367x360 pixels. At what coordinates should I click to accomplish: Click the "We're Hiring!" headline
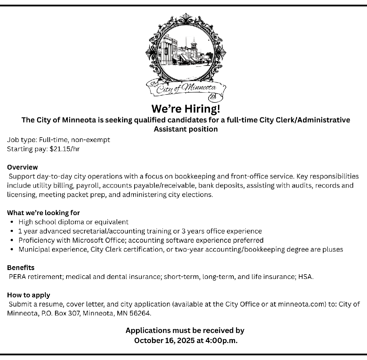click(186, 109)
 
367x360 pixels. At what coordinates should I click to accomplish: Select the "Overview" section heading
click(23, 167)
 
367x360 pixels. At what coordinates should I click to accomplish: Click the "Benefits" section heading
click(21, 268)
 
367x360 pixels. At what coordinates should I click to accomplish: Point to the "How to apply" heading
click(29, 295)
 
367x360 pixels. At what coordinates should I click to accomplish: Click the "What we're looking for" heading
click(43, 213)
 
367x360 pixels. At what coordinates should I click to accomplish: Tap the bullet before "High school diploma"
click(12, 222)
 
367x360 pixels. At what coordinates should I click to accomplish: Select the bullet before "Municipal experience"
click(12, 250)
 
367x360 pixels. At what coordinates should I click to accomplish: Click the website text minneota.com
click(300, 304)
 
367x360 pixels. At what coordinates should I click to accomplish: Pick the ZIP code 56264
click(140, 313)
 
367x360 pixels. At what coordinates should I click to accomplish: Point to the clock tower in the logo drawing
click(194, 46)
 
